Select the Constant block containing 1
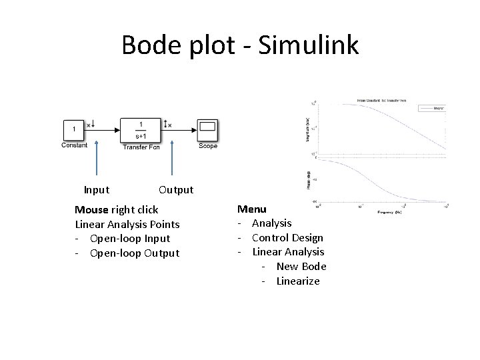[73, 128]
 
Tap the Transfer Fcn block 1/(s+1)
[140, 129]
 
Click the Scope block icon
[207, 129]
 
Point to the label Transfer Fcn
[141, 147]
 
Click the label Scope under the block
[208, 146]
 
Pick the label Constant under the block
[74, 145]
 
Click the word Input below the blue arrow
[97, 190]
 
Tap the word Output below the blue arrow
[176, 190]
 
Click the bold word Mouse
[91, 209]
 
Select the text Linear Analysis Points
[127, 224]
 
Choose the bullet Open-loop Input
[130, 239]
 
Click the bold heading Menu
[251, 209]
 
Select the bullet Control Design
[287, 238]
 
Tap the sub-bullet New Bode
[301, 267]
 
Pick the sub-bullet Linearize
[298, 281]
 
